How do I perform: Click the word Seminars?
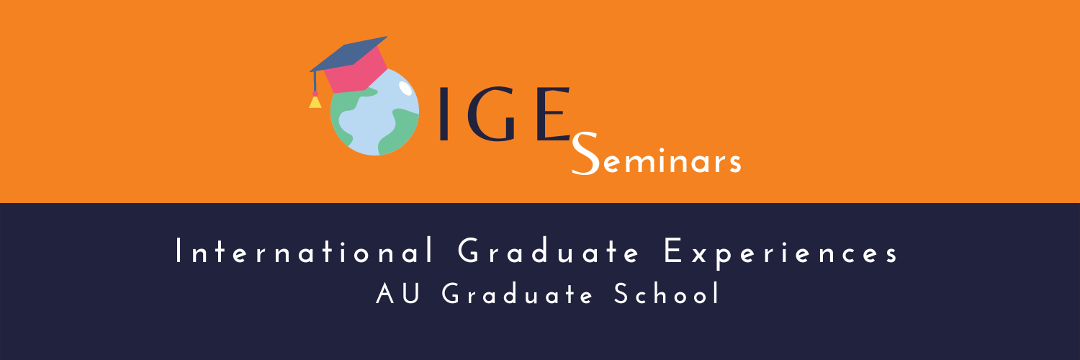pos(656,153)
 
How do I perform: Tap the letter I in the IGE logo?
pos(444,114)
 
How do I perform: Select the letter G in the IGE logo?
pos(492,114)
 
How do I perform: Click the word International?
pos(305,251)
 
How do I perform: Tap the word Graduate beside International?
pos(548,251)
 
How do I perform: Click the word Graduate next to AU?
pos(517,294)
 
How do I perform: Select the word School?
pos(667,293)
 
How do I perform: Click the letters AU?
pos(397,294)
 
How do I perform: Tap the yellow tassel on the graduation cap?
pos(315,102)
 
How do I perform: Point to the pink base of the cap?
pos(357,72)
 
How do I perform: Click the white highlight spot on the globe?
pos(405,88)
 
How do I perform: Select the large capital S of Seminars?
pos(585,153)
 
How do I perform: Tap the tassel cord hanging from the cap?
pos(315,82)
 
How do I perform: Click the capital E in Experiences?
pos(672,251)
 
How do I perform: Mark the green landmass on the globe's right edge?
pos(399,131)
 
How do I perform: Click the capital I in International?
pos(179,251)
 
